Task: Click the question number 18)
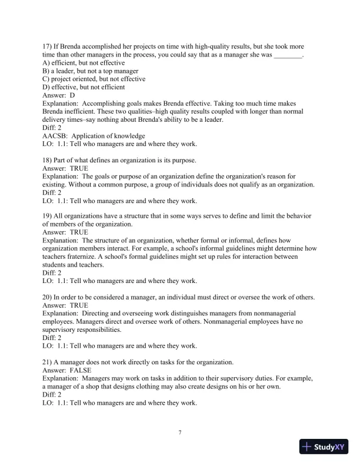(48, 160)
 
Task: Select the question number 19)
(48, 217)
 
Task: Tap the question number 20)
(48, 298)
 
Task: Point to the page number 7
(180, 434)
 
